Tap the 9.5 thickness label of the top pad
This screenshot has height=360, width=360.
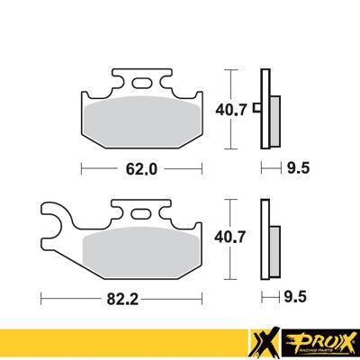[294, 167]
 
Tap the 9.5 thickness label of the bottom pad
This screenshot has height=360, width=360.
[294, 295]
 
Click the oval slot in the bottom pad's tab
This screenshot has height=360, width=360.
[141, 214]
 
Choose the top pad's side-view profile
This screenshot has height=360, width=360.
[266, 109]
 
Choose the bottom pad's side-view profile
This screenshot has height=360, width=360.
[266, 237]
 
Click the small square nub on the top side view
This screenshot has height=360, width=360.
[256, 110]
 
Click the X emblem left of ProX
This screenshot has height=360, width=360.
[261, 340]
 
